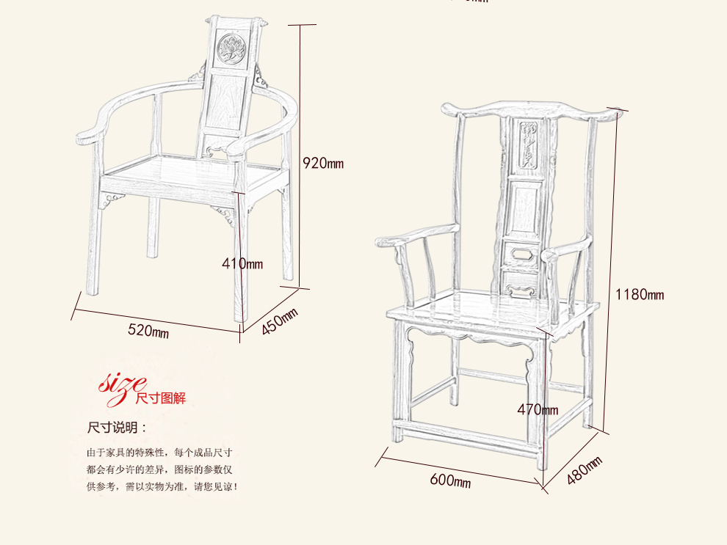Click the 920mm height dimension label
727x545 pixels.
(323, 163)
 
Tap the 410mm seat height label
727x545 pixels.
(242, 263)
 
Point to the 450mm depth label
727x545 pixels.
(280, 321)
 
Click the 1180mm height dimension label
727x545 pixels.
(639, 295)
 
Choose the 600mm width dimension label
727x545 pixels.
(450, 481)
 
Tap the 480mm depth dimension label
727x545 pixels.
(585, 471)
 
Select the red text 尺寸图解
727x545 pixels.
(161, 398)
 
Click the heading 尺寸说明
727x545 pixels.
(117, 428)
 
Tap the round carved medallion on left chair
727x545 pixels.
(234, 48)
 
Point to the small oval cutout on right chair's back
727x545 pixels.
(524, 254)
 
